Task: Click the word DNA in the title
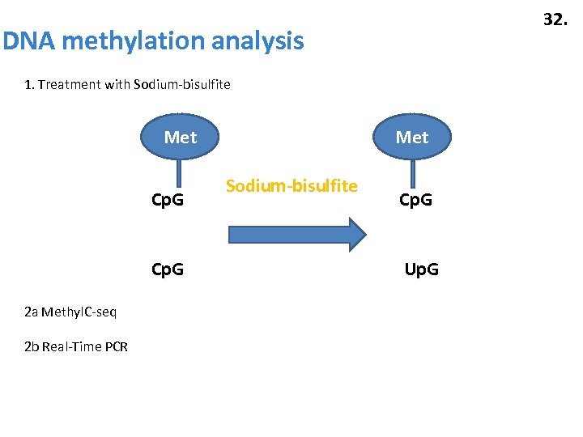click(28, 40)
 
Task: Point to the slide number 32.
click(555, 19)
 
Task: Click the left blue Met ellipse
click(180, 138)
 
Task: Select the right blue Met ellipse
click(412, 138)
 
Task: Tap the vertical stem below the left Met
click(179, 173)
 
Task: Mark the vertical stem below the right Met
click(413, 173)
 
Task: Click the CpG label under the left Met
click(168, 199)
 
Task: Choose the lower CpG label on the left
click(168, 269)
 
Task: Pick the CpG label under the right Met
click(415, 199)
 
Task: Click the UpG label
click(421, 269)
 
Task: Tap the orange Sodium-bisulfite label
click(291, 186)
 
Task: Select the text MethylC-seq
click(79, 312)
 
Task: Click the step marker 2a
click(31, 312)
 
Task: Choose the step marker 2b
click(31, 347)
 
